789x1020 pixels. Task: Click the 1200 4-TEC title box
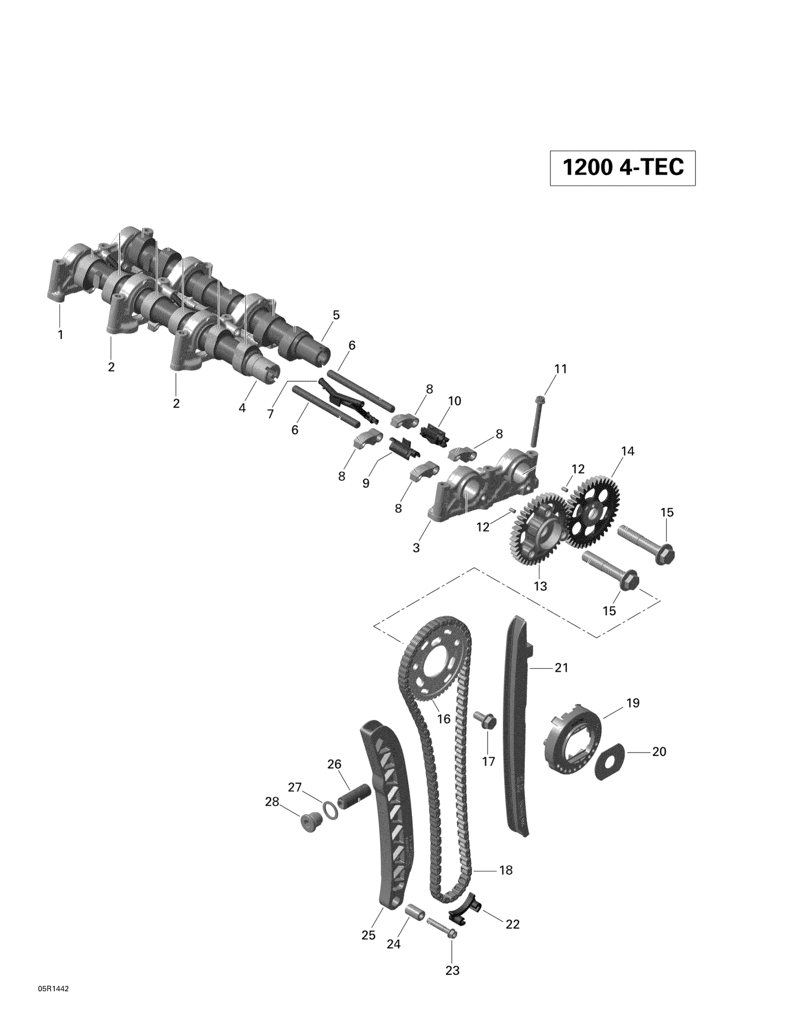[x=622, y=168]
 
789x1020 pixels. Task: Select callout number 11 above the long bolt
[x=561, y=369]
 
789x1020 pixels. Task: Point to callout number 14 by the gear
[x=628, y=451]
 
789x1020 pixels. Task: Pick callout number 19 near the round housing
[x=633, y=716]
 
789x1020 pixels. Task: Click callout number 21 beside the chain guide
[x=561, y=668]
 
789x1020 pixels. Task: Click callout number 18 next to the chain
[x=506, y=870]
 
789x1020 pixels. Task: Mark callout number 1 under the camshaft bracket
[x=60, y=335]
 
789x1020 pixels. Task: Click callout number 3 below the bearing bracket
[x=416, y=548]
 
